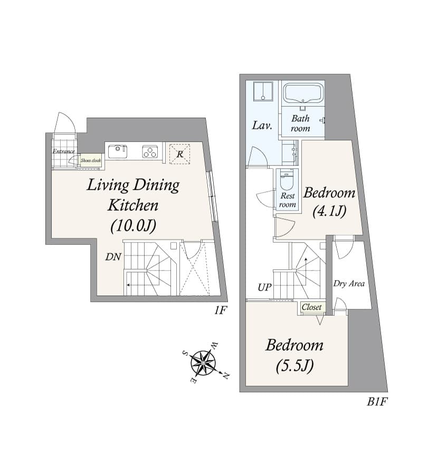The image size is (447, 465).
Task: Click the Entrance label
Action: point(63,152)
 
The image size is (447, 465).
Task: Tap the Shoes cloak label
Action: point(90,160)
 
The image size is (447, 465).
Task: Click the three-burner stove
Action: point(150,152)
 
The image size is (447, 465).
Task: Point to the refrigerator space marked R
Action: point(179,154)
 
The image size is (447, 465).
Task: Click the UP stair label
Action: point(265,288)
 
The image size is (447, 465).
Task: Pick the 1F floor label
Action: point(220,311)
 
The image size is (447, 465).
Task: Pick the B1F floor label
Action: point(377,402)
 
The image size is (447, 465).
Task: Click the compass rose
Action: point(204,363)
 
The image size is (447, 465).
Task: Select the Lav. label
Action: point(262,125)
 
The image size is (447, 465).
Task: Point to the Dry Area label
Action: point(349,284)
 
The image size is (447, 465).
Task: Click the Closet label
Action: point(311,307)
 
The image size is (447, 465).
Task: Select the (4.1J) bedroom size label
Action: point(329,211)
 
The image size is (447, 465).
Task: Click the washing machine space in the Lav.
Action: point(262,92)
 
